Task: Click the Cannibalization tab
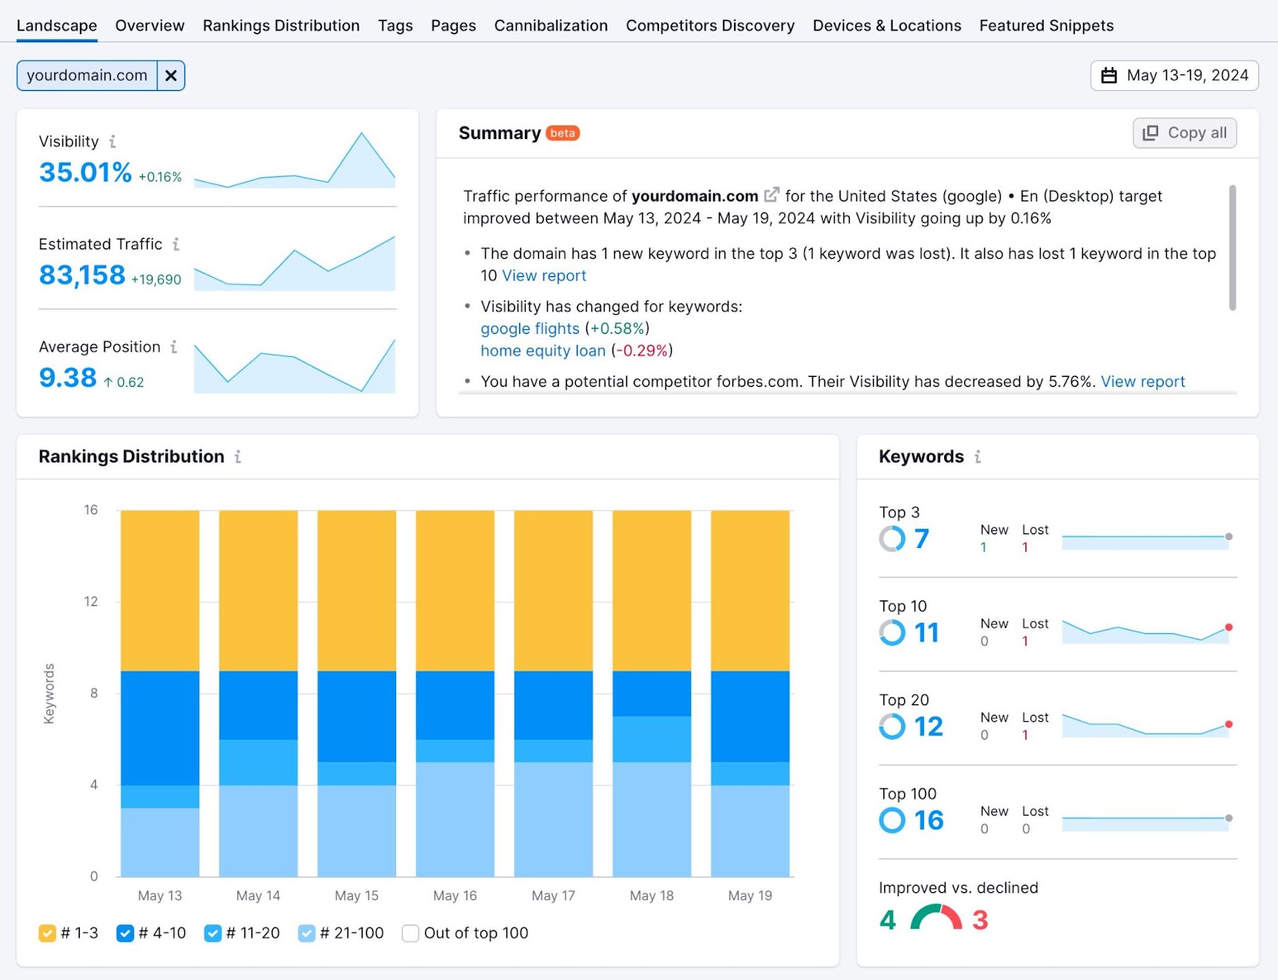coord(550,26)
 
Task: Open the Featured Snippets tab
coord(1046,26)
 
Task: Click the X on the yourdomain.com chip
coord(171,76)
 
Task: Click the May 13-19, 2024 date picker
coord(1174,76)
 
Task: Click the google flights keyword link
coord(530,328)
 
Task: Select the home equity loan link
coord(542,351)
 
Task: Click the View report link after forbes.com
coord(1142,382)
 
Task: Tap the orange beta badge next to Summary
coord(562,133)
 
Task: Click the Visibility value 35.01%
coord(85,173)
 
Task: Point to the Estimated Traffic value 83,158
coord(82,276)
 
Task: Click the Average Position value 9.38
coord(68,378)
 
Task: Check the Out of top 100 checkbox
coord(411,933)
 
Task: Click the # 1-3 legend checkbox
coord(47,933)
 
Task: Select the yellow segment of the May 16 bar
coord(454,590)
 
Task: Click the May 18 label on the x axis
coord(651,895)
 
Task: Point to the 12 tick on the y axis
coord(91,601)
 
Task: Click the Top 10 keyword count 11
coord(926,633)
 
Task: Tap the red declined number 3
coord(980,920)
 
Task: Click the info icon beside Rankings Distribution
coord(238,457)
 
